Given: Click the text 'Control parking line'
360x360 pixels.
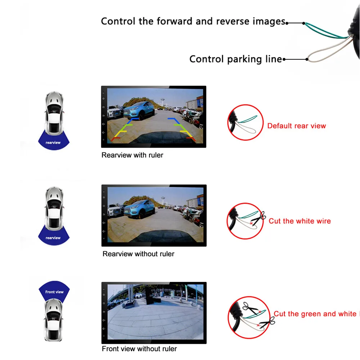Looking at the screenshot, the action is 235,59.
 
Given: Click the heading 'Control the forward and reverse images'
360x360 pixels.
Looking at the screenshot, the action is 193,21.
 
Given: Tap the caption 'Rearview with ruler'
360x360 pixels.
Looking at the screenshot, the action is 132,155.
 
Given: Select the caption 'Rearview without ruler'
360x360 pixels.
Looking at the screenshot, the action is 138,254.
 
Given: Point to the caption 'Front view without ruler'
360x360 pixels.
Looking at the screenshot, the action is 139,348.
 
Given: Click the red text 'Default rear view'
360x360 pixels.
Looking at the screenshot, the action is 296,126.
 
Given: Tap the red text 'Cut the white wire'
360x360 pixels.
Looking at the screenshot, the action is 300,221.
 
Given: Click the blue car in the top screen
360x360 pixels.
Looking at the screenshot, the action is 139,111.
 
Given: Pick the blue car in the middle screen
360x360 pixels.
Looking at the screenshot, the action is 139,209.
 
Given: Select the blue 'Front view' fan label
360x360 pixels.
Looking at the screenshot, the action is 54,291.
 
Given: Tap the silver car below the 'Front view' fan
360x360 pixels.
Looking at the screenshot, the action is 54,320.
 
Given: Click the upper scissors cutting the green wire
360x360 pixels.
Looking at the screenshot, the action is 251,308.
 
